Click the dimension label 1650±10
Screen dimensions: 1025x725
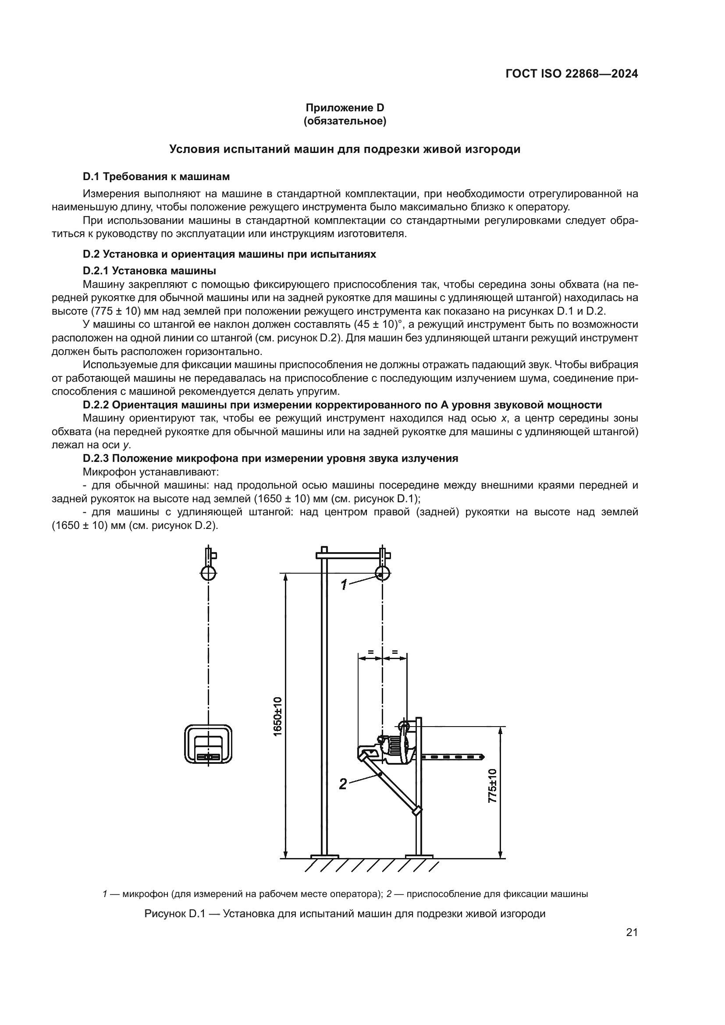277,716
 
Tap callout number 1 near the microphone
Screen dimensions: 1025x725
344,585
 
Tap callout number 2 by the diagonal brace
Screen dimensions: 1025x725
343,784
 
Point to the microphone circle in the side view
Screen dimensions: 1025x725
382,573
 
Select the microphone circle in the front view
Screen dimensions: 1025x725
209,573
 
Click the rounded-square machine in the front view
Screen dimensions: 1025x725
209,744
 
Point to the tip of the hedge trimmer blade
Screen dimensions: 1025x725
482,757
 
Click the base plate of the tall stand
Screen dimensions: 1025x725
324,856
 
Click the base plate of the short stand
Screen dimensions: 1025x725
419,856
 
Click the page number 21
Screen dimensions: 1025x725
632,933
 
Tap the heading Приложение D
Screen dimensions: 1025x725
345,108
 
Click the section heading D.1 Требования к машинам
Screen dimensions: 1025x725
156,177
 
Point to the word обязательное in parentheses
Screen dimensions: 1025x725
345,121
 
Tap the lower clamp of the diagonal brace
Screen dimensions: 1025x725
417,811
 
